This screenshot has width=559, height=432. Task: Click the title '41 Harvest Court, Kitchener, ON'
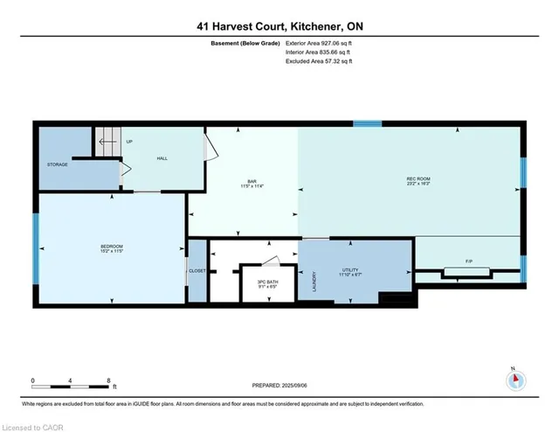coord(279,26)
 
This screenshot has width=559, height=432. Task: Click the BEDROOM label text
coord(111,247)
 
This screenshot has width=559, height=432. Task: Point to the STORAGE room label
coord(58,164)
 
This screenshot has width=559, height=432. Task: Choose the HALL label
coord(162,158)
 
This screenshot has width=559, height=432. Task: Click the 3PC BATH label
coord(266,282)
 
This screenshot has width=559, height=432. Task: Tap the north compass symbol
coord(514,379)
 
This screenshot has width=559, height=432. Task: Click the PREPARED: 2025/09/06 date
coord(279,384)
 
